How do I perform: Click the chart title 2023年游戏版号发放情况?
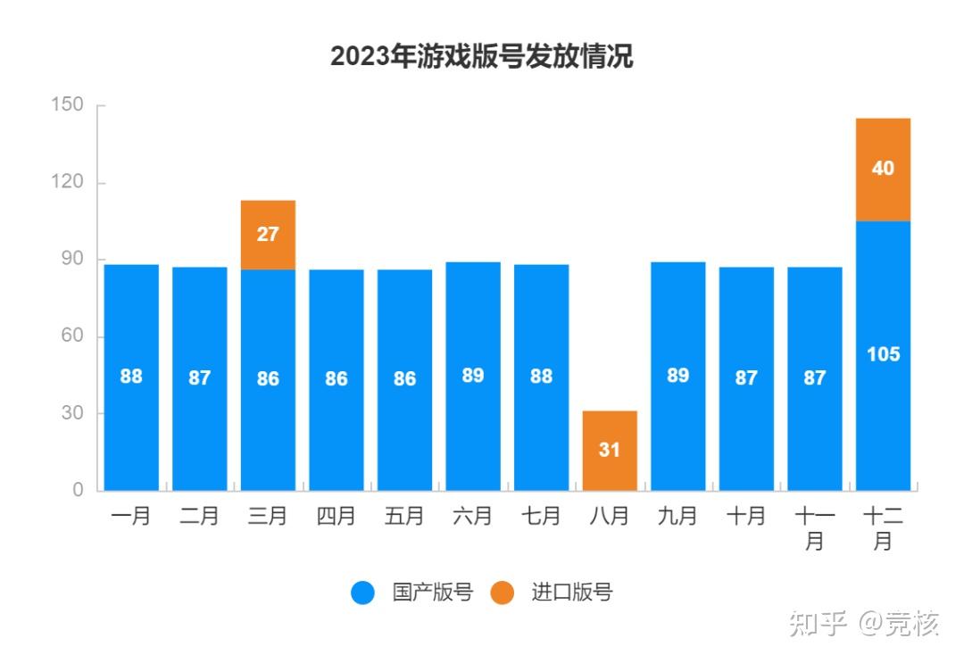tap(481, 56)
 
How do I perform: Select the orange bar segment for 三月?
tap(268, 235)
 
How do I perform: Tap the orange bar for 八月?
tap(609, 451)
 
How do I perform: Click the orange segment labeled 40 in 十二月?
tap(883, 170)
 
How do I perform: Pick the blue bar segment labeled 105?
tap(883, 355)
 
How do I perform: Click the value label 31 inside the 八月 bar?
tap(609, 451)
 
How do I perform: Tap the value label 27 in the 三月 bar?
tap(268, 235)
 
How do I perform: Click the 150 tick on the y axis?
tap(67, 105)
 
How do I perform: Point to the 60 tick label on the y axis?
tap(72, 336)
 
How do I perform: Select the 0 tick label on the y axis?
tap(78, 490)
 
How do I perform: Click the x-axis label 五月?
tap(404, 516)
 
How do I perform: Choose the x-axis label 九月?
tap(677, 516)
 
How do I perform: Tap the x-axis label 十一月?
tap(814, 527)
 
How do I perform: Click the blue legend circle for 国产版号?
tap(362, 593)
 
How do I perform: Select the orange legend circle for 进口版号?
tap(503, 593)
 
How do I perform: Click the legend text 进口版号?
tap(571, 593)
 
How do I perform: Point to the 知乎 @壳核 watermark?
tap(863, 624)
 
